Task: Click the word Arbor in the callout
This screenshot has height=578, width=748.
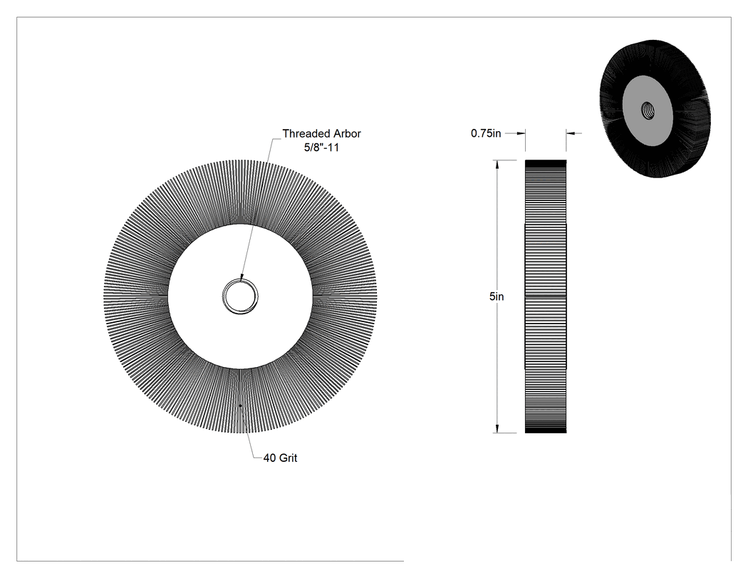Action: point(346,134)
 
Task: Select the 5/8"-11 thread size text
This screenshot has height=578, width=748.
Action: point(321,148)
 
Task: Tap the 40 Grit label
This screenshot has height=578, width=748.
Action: point(280,458)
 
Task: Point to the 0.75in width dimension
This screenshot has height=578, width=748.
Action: point(486,133)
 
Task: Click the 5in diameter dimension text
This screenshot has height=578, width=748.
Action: point(496,296)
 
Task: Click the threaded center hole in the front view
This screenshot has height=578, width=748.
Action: point(241,296)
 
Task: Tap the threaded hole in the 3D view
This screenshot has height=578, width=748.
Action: point(648,111)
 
